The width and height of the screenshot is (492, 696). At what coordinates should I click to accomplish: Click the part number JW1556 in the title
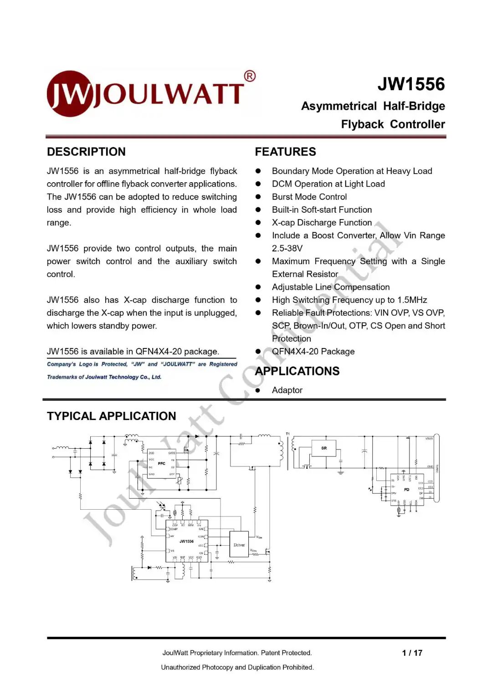click(411, 84)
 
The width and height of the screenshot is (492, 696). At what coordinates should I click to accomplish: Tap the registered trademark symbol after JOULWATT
click(250, 77)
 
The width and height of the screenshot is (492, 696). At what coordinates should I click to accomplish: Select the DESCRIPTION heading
click(86, 152)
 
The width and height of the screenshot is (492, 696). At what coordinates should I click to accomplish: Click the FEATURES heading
click(285, 152)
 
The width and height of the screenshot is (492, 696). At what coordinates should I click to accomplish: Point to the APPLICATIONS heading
click(297, 371)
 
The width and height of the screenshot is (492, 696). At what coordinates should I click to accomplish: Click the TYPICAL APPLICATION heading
click(111, 416)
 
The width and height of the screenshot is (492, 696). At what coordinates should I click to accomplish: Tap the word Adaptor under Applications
click(287, 390)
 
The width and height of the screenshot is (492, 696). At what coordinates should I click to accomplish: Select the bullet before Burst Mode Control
click(258, 197)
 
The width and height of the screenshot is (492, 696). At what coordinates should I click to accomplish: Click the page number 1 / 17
click(412, 653)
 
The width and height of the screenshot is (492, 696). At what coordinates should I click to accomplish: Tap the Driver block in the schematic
click(239, 545)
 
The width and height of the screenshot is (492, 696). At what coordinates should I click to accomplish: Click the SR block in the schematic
click(324, 448)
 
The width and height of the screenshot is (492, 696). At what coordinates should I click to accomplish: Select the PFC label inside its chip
click(161, 463)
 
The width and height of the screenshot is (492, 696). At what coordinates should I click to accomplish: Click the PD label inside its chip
click(406, 490)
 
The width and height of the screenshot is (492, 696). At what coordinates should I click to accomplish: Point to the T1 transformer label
click(288, 434)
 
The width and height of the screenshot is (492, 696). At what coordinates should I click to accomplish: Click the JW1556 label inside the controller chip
click(186, 542)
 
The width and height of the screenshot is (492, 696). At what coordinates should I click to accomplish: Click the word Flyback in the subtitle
click(362, 124)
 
